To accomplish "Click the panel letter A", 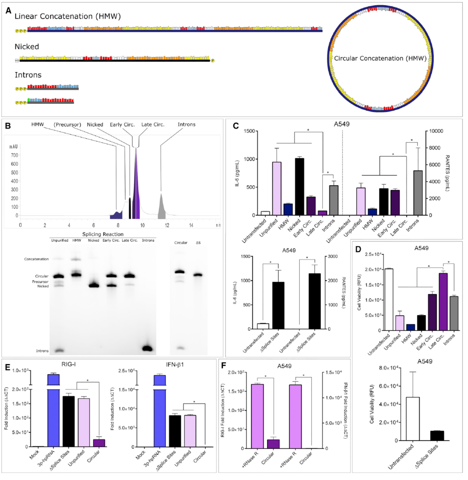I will (x=8, y=11).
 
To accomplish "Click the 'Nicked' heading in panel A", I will (x=27, y=47).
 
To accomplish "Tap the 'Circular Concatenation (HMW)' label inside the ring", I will (x=380, y=58).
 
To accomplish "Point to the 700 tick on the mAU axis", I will (x=15, y=155).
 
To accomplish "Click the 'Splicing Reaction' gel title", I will (x=103, y=234).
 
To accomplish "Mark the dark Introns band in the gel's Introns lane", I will (x=147, y=348).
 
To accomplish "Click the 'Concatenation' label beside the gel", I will (x=36, y=259).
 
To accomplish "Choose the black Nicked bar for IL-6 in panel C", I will (x=299, y=187).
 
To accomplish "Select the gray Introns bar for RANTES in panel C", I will (x=418, y=193).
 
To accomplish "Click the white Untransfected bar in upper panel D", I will (x=389, y=300).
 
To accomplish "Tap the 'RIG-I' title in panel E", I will (x=68, y=364).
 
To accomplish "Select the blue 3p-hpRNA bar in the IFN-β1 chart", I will (x=160, y=411).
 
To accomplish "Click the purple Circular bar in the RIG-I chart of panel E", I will (x=99, y=443).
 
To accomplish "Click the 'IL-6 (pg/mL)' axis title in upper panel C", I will (x=237, y=173).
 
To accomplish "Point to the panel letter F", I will (x=223, y=365).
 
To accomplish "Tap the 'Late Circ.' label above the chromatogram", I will (x=153, y=125).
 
